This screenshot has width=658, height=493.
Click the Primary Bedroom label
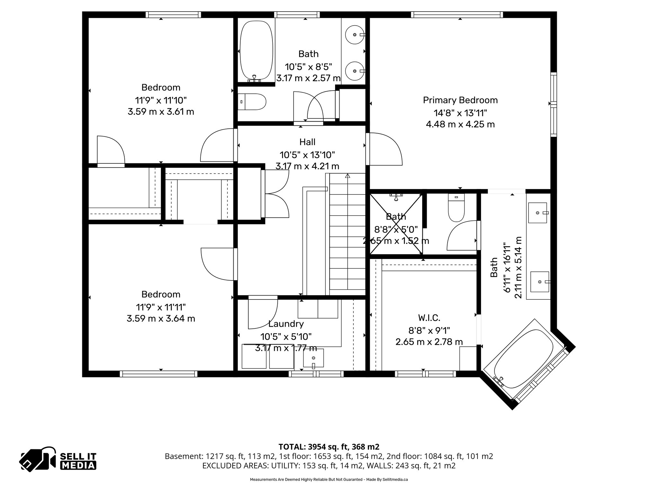pyautogui.click(x=460, y=100)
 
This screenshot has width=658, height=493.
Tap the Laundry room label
pyautogui.click(x=286, y=324)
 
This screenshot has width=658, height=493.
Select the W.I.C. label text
pyautogui.click(x=429, y=318)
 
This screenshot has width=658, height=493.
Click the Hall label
pyautogui.click(x=307, y=142)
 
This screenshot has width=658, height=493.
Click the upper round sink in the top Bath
pyautogui.click(x=354, y=34)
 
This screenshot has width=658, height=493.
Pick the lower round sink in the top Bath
pyautogui.click(x=354, y=71)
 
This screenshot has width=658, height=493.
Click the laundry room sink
pyautogui.click(x=314, y=358)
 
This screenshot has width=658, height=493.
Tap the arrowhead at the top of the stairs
pyautogui.click(x=347, y=176)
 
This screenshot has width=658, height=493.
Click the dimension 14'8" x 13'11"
pyautogui.click(x=460, y=113)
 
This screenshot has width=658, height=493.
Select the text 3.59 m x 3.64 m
pyautogui.click(x=161, y=318)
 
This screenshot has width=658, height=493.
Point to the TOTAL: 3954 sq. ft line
pyautogui.click(x=329, y=446)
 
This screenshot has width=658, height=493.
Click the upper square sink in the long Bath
pyautogui.click(x=538, y=212)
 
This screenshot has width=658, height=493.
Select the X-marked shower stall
pyautogui.click(x=396, y=224)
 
